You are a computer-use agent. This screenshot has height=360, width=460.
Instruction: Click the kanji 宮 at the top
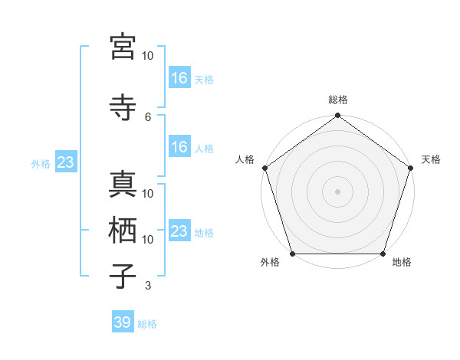click(x=123, y=47)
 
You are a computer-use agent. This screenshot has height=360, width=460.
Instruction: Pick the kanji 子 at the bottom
click(x=123, y=276)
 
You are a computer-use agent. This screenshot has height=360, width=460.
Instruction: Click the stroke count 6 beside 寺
click(x=148, y=116)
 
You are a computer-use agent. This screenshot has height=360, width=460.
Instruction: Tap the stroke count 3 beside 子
click(x=148, y=286)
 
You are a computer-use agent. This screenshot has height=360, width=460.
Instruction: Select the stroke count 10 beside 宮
click(x=148, y=56)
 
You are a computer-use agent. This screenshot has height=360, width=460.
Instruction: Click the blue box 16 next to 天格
click(x=179, y=77)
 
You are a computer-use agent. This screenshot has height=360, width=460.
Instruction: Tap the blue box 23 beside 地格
click(x=179, y=231)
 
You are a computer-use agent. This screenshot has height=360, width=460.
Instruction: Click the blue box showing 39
click(x=123, y=322)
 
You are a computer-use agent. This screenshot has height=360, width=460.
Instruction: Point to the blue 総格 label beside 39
click(x=148, y=324)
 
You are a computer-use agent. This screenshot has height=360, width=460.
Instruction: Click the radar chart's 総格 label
click(x=338, y=100)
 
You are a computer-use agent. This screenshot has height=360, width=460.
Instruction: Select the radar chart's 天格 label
click(x=431, y=159)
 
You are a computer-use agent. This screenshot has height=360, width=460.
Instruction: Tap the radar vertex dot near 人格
click(x=264, y=168)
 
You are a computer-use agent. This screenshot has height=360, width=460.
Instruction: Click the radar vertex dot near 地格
click(x=383, y=254)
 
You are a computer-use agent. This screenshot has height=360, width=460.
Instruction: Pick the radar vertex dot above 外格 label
click(x=292, y=254)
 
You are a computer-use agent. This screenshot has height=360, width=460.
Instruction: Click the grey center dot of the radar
click(x=338, y=191)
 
